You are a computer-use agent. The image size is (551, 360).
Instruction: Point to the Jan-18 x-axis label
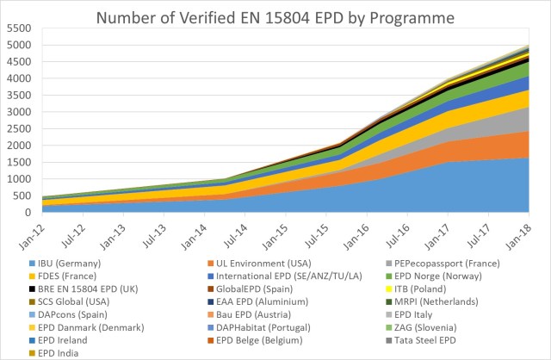pos(527,234)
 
